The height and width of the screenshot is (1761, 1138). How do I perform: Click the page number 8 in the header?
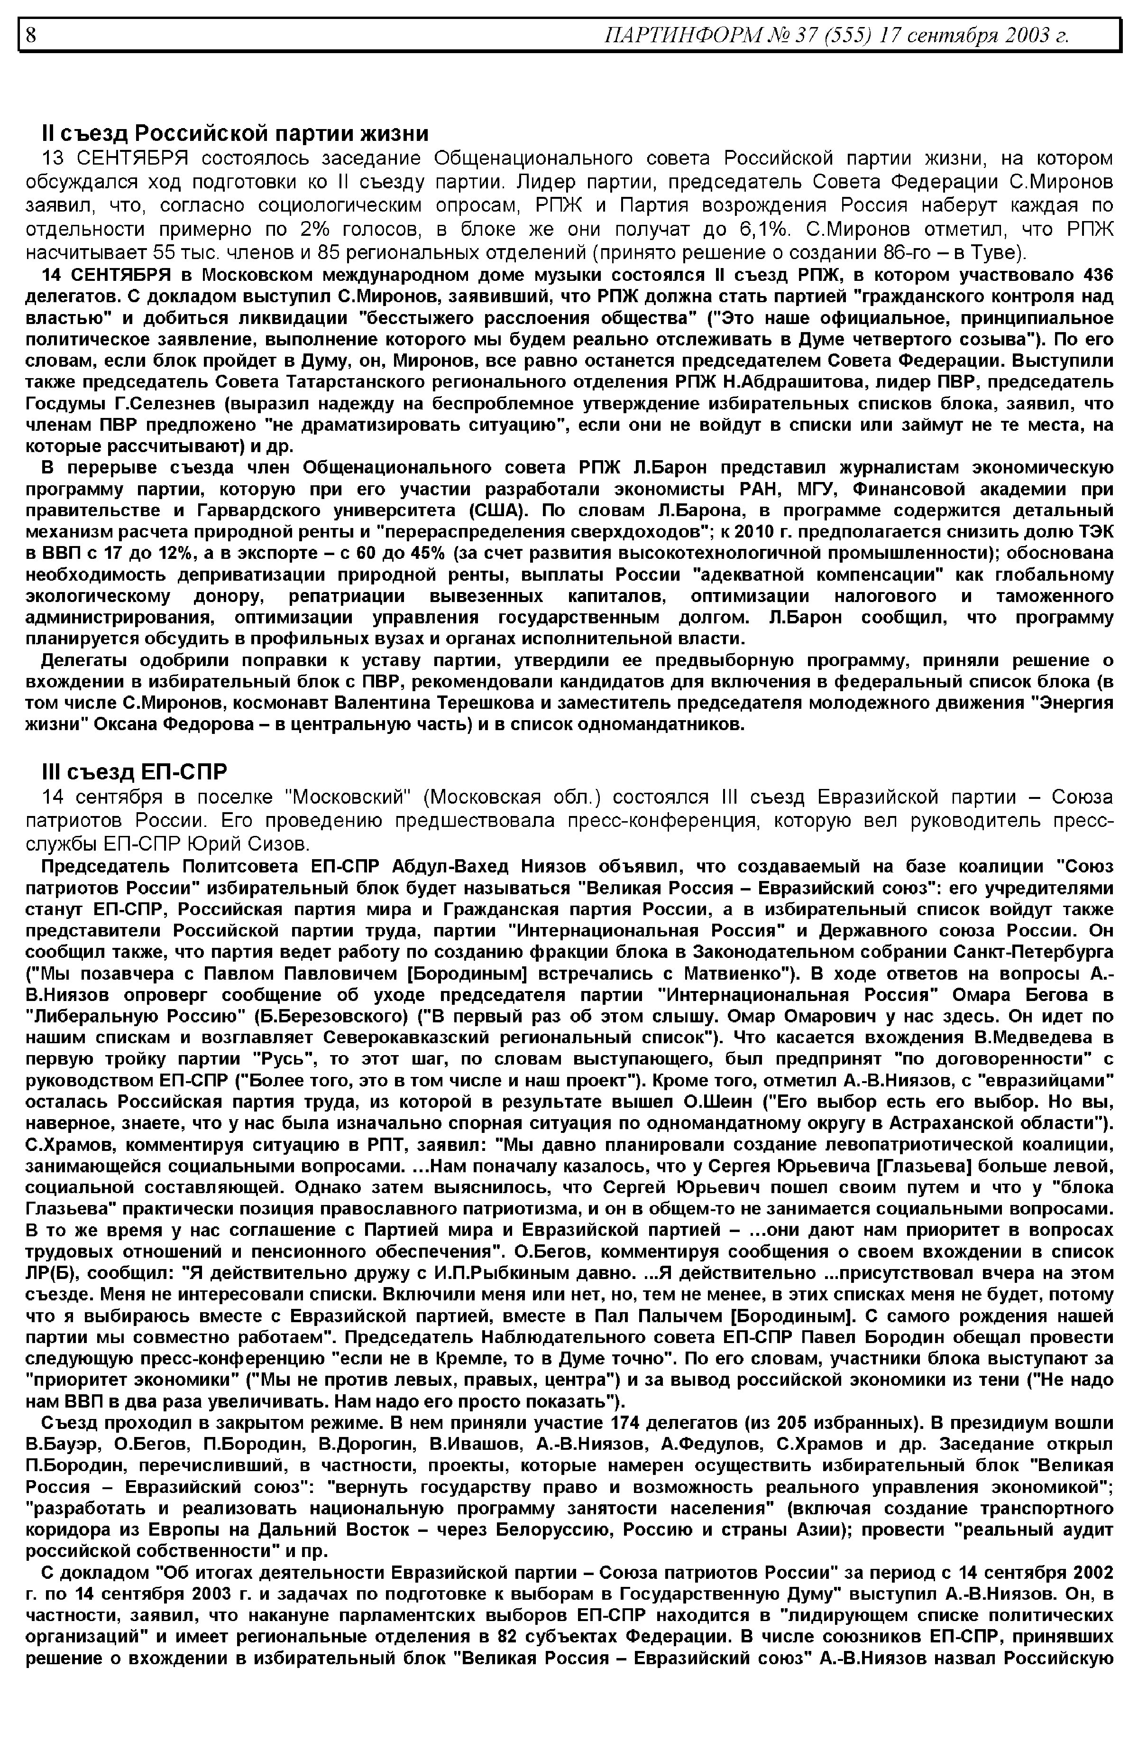click(31, 35)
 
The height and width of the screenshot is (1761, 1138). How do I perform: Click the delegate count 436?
click(1097, 275)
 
